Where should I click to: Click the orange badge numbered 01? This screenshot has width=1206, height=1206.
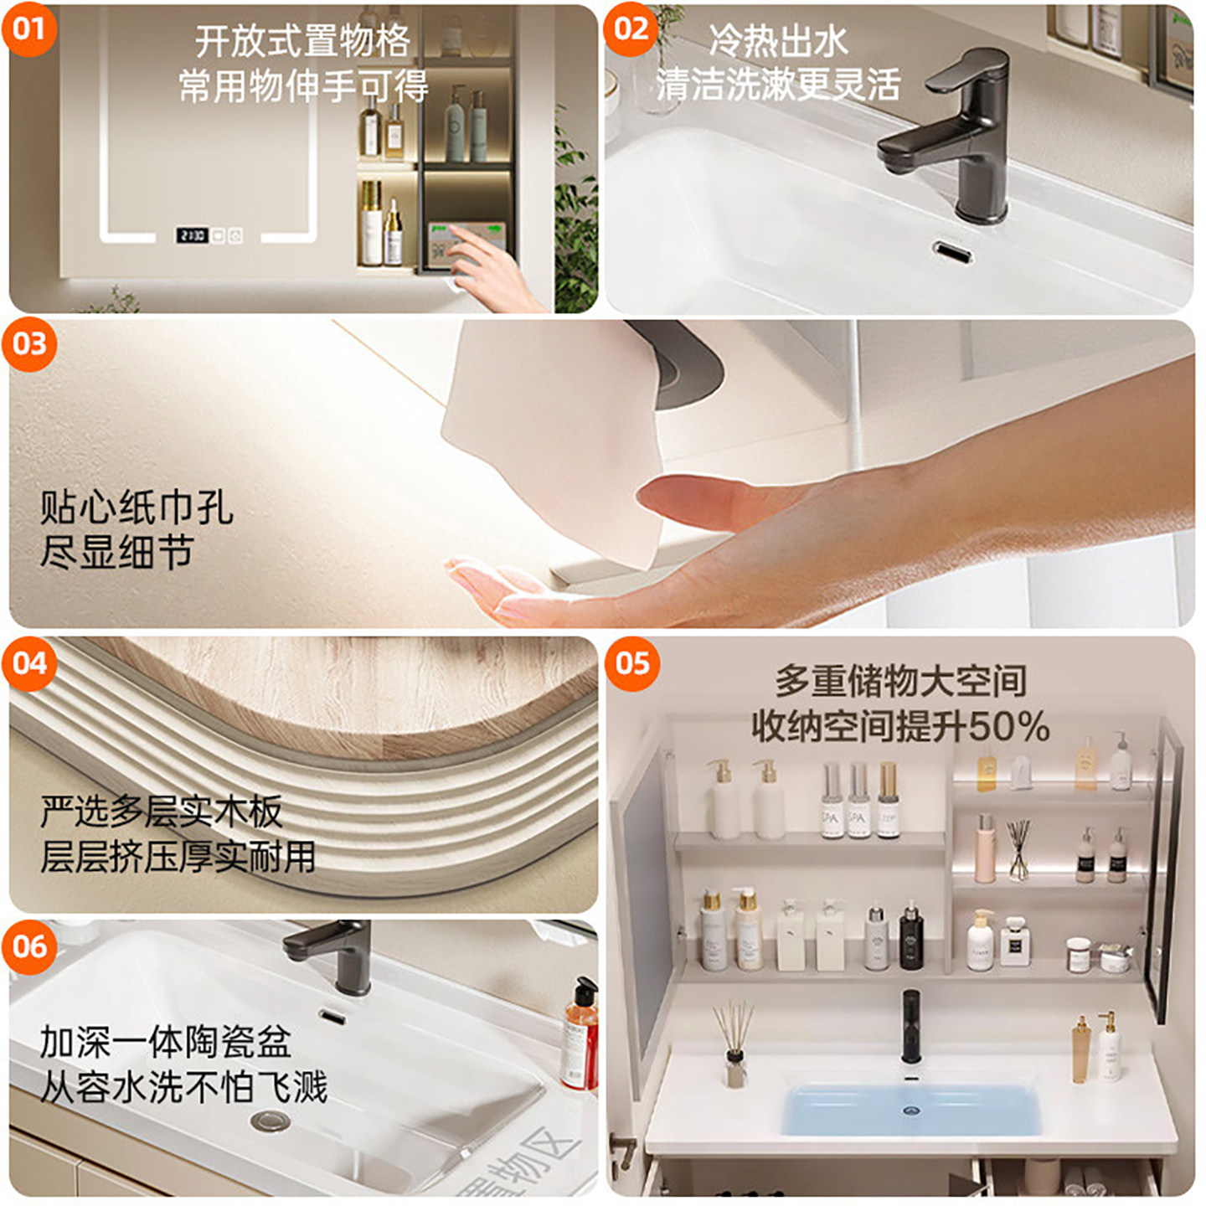pyautogui.click(x=29, y=29)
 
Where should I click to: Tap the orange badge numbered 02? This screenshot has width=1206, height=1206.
pyautogui.click(x=631, y=29)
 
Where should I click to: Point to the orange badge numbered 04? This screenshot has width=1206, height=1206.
pyautogui.click(x=29, y=663)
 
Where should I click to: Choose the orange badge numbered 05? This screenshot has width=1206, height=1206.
pyautogui.click(x=632, y=663)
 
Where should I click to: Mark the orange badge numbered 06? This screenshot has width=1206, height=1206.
pyautogui.click(x=29, y=947)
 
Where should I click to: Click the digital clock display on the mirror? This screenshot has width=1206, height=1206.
pyautogui.click(x=192, y=236)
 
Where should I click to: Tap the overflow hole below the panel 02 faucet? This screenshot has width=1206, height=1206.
pyautogui.click(x=952, y=251)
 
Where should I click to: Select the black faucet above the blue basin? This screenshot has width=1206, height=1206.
pyautogui.click(x=910, y=1026)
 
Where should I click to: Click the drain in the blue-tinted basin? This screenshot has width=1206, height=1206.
pyautogui.click(x=910, y=1110)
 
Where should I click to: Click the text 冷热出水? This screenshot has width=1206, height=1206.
pyautogui.click(x=779, y=41)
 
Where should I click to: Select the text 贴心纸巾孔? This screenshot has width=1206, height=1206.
pyautogui.click(x=137, y=508)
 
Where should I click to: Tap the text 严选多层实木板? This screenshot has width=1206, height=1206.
pyautogui.click(x=162, y=812)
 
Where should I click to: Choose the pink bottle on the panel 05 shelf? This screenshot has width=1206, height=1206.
pyautogui.click(x=984, y=848)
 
